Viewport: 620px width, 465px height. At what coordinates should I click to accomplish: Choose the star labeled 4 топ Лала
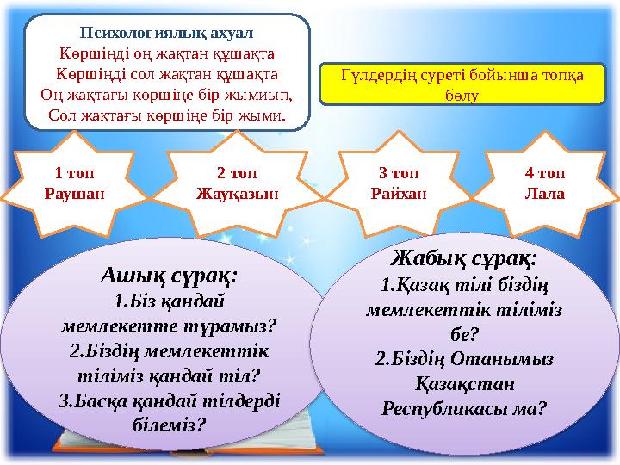(544, 183)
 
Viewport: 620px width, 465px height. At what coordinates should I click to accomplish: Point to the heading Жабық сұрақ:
(465, 257)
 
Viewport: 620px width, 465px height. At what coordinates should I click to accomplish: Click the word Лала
(544, 194)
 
